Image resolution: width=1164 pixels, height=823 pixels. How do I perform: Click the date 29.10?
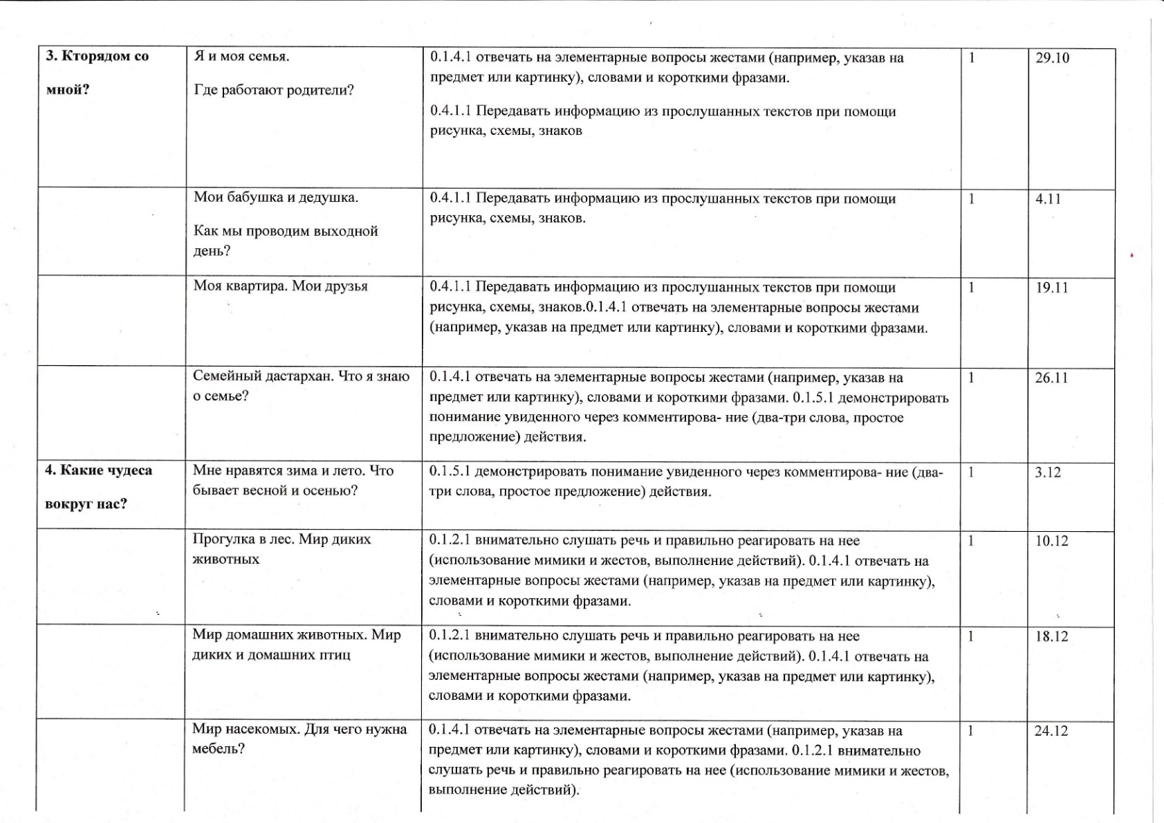pyautogui.click(x=1052, y=58)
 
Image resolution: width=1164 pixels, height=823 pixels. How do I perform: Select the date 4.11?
pyautogui.click(x=1048, y=199)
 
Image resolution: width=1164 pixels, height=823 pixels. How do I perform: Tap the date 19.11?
pyautogui.click(x=1051, y=288)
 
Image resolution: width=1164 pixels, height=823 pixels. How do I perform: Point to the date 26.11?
pyautogui.click(x=1051, y=378)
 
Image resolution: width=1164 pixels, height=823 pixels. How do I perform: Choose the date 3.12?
pyautogui.click(x=1047, y=473)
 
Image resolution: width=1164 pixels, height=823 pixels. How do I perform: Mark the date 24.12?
pyautogui.click(x=1051, y=731)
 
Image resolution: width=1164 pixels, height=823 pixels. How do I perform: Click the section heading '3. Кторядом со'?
pyautogui.click(x=97, y=57)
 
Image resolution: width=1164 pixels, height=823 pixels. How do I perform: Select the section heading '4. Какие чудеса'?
pyautogui.click(x=98, y=470)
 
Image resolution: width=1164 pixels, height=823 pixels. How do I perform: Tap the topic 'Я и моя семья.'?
pyautogui.click(x=241, y=57)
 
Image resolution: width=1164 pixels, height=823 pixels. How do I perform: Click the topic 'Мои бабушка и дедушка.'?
pyautogui.click(x=276, y=197)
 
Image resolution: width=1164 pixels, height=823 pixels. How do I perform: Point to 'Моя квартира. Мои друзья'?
pyautogui.click(x=280, y=286)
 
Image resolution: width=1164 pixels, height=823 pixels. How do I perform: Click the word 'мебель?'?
pyautogui.click(x=218, y=748)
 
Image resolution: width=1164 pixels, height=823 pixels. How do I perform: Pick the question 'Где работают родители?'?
pyautogui.click(x=274, y=90)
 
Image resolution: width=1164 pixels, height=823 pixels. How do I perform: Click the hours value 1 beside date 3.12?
pyautogui.click(x=971, y=473)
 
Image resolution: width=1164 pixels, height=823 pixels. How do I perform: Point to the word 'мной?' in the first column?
pyautogui.click(x=67, y=89)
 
